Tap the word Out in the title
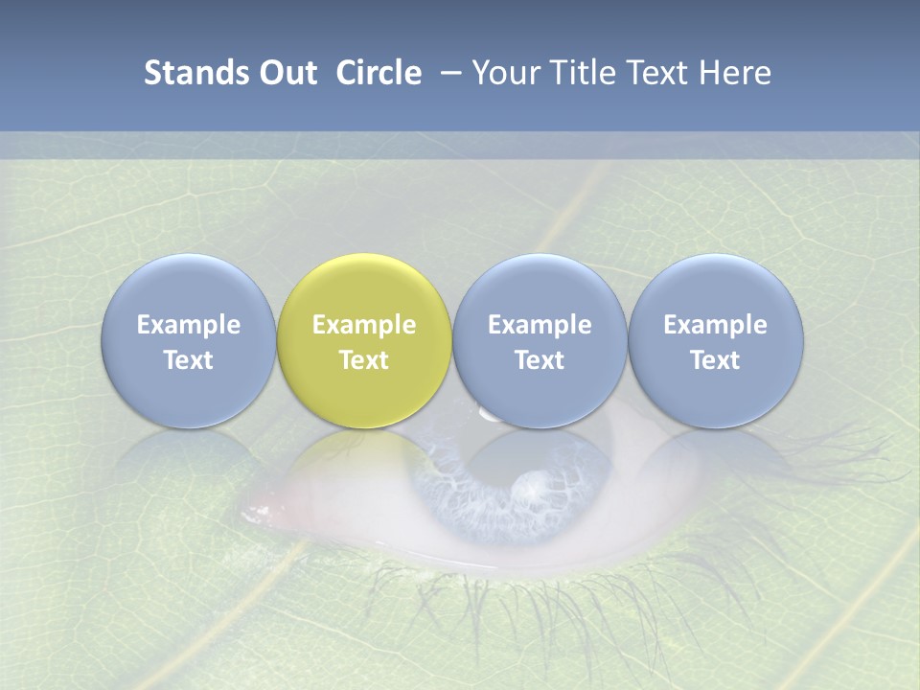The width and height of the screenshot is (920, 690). point(285,73)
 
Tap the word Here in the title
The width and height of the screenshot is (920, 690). point(734,73)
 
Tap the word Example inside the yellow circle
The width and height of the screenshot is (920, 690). point(364,325)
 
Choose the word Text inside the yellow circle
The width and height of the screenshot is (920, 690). point(364,360)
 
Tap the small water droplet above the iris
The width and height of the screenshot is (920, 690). point(490,413)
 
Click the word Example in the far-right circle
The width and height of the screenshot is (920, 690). point(716,325)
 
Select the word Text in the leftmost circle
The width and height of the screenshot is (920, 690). point(188,360)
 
